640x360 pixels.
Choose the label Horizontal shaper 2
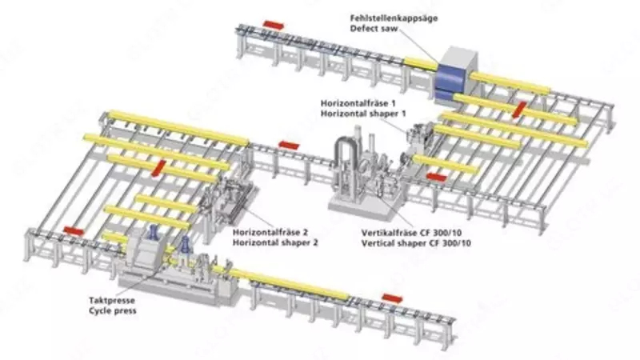270,242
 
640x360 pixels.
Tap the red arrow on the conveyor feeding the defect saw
273,25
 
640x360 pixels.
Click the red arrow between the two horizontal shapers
288,145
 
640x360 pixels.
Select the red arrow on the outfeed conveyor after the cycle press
392,298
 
